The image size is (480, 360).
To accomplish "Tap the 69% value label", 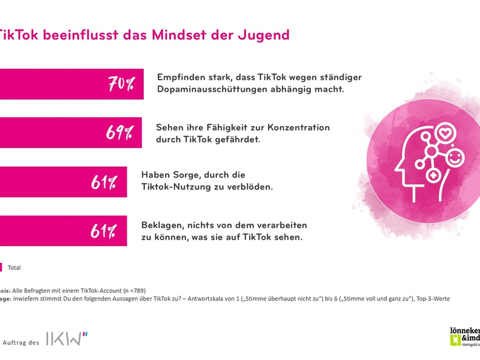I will point(119,133).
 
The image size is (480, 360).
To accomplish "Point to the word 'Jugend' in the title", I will point(263,35).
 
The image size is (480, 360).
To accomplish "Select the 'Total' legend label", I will point(14,268).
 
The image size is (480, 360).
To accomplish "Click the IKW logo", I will point(67,339).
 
